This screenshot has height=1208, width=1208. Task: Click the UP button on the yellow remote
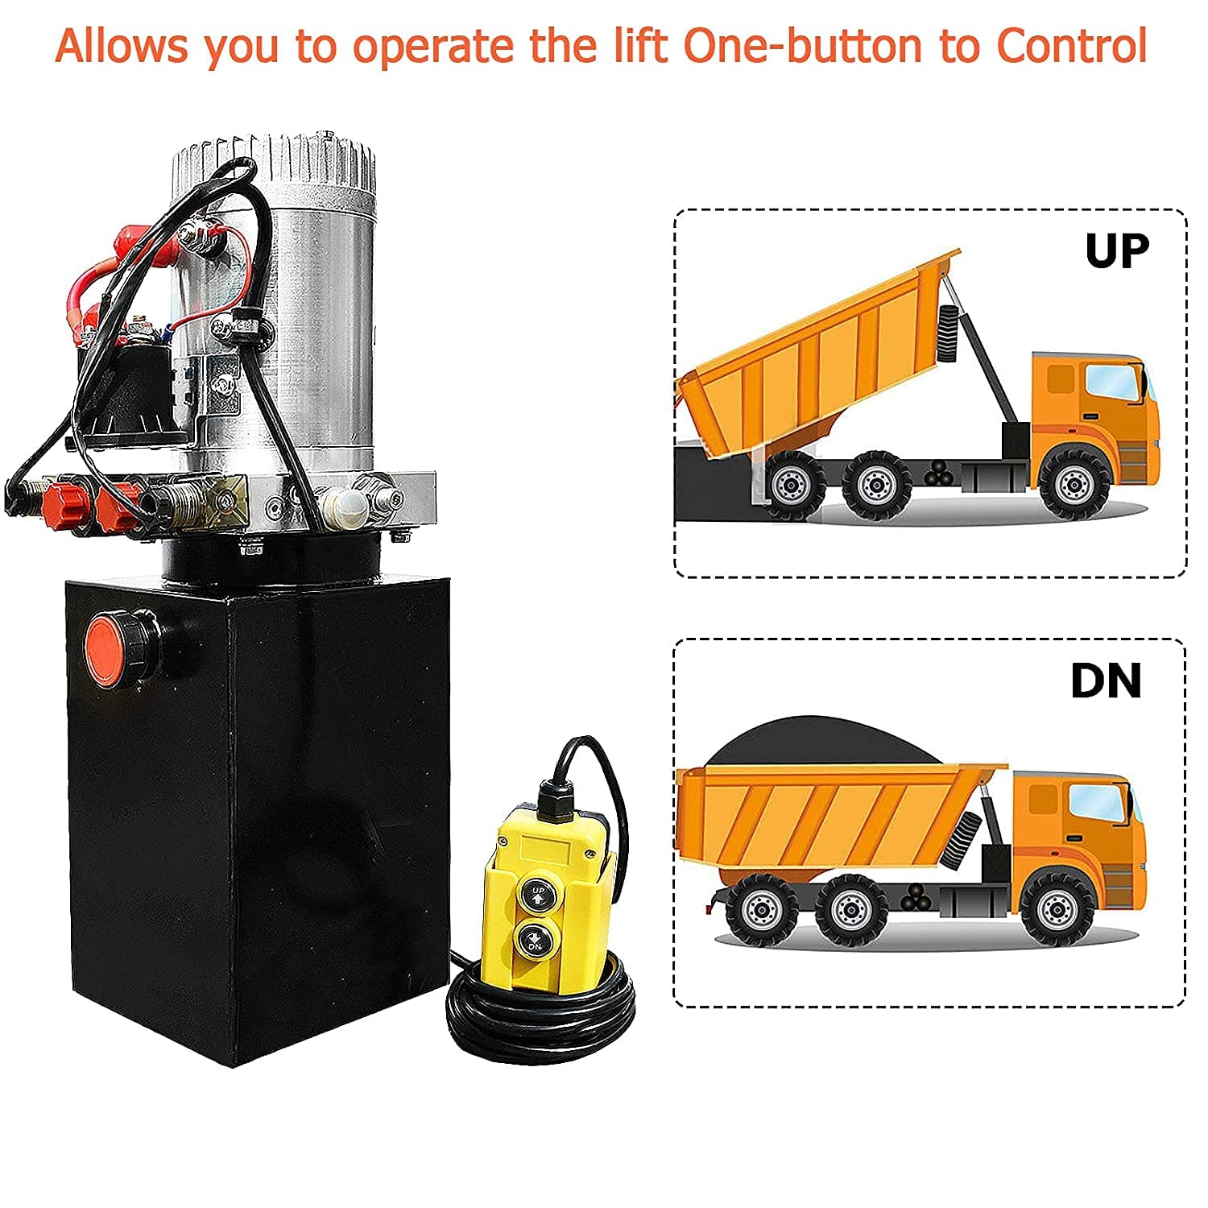click(537, 895)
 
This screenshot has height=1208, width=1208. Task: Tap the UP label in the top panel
click(1116, 252)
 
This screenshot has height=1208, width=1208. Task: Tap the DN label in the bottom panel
click(1106, 681)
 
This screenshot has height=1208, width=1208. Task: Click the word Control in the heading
click(1071, 46)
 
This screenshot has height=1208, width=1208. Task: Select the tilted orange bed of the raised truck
click(813, 346)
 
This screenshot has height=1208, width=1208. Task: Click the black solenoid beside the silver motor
click(129, 387)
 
